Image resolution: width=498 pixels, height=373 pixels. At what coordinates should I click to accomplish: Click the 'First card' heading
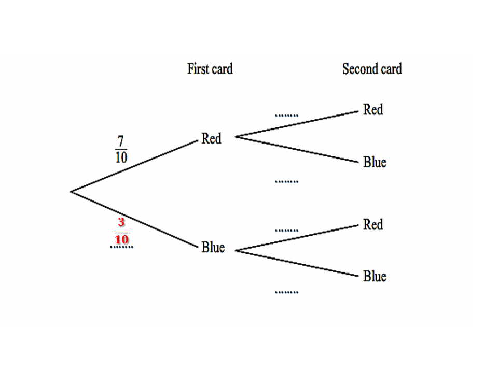pos(210,69)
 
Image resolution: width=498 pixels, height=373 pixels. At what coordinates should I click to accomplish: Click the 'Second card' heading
pos(371,69)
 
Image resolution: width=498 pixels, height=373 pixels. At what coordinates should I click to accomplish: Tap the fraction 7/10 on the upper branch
pos(121,149)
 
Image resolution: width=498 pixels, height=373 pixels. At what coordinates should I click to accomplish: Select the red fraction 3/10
pos(121,232)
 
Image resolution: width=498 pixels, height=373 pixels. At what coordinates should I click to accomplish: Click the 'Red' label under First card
pos(211,139)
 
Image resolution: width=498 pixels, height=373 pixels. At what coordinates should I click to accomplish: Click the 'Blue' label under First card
pos(213,248)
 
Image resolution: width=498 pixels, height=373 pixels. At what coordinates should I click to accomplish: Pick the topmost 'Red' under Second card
pos(372,110)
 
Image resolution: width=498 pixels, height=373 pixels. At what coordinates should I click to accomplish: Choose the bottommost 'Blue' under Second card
pos(375,276)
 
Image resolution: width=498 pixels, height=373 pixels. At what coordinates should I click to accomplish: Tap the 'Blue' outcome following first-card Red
pos(375,162)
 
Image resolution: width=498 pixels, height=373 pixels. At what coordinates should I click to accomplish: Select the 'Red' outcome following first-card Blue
pos(372,225)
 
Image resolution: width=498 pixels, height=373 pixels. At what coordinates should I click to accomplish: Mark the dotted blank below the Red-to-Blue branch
pos(286,182)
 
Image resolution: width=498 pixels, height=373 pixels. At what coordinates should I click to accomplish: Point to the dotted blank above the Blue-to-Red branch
pos(286,230)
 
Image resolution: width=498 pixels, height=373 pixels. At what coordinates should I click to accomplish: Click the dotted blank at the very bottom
pos(286,292)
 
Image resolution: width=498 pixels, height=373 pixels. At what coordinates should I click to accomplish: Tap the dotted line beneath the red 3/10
pos(121,247)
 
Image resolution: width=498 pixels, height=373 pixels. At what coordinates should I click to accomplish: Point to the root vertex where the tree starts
pos(71,192)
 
